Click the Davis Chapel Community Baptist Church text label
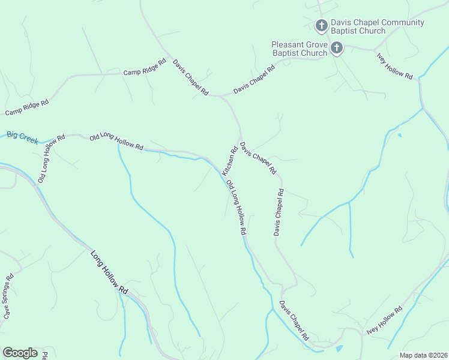tap(378, 27)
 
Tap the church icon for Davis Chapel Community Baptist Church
tap(322, 25)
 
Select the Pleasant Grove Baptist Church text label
tap(300, 49)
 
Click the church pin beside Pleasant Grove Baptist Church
tap(337, 47)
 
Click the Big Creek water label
tap(22, 137)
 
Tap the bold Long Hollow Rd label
tap(110, 272)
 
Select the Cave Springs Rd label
tap(8, 296)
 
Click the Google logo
tap(20, 353)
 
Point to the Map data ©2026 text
tap(423, 355)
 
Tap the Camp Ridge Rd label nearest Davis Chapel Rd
tap(144, 67)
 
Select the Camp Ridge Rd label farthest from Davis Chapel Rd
tap(27, 108)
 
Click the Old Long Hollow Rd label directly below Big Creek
tap(51, 158)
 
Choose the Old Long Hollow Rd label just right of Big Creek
tap(116, 142)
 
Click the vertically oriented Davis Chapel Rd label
tap(279, 212)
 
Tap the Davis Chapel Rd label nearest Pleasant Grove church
tap(254, 79)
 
